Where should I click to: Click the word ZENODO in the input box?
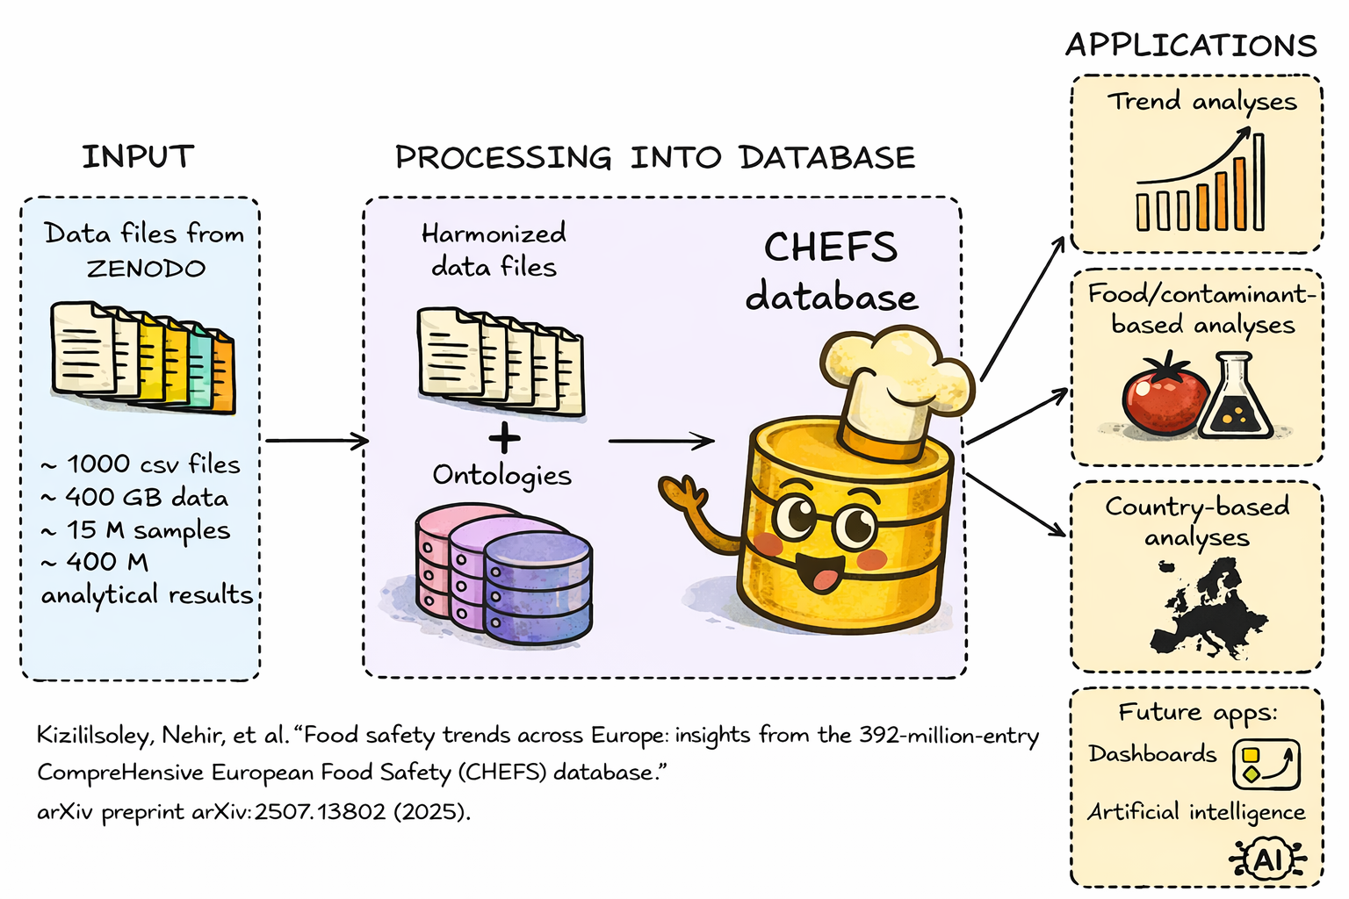pyautogui.click(x=146, y=269)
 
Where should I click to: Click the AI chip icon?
pyautogui.click(x=1267, y=859)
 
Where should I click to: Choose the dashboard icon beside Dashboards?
pyautogui.click(x=1266, y=764)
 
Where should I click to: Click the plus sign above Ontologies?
pyautogui.click(x=504, y=436)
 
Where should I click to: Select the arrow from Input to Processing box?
pyautogui.click(x=316, y=441)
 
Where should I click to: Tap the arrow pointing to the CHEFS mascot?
pyautogui.click(x=660, y=441)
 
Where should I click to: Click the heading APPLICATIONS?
pyautogui.click(x=1191, y=46)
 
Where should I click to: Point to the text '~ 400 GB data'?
pyautogui.click(x=134, y=498)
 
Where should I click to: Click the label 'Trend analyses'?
pyautogui.click(x=1201, y=102)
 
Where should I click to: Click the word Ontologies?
pyautogui.click(x=501, y=475)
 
